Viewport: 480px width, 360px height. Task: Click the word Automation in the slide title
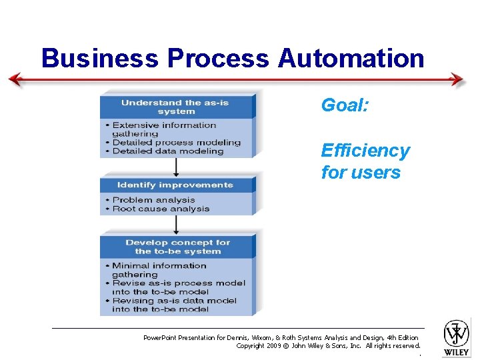(x=351, y=58)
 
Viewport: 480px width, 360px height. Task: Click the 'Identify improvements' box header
(x=175, y=185)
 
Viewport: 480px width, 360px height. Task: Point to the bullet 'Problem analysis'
(x=153, y=199)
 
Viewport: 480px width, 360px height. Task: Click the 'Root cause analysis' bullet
(x=161, y=209)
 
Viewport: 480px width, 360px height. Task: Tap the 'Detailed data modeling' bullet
(x=168, y=151)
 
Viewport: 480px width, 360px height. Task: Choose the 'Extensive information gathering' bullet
(x=163, y=129)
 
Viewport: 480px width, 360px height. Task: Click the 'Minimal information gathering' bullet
(x=159, y=269)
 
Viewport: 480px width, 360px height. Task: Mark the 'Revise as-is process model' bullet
(x=178, y=287)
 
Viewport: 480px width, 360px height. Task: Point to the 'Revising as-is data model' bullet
(x=174, y=305)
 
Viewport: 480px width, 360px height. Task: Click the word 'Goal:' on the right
(x=343, y=105)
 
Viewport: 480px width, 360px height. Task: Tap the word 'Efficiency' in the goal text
(x=365, y=151)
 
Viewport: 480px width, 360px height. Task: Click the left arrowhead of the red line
(x=15, y=80)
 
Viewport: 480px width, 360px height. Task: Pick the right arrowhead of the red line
(x=458, y=80)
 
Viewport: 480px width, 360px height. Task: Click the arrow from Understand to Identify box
(x=176, y=167)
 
